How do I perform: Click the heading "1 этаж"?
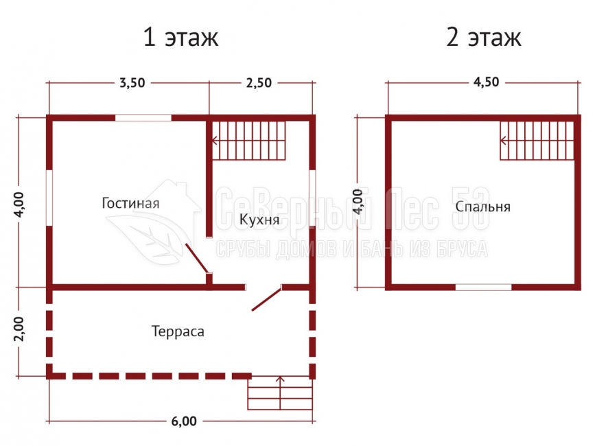[x=180, y=37]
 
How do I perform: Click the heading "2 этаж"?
[x=484, y=37]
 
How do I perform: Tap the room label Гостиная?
[x=130, y=203]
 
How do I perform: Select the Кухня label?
[x=259, y=220]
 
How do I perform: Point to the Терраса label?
[x=178, y=331]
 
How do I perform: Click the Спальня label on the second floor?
[x=482, y=207]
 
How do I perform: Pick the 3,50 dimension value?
[x=132, y=82]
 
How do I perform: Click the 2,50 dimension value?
[x=259, y=82]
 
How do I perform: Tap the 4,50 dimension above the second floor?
[x=486, y=82]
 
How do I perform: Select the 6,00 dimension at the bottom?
[x=184, y=421]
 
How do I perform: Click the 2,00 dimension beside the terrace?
[x=19, y=329]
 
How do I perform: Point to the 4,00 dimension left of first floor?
[x=19, y=204]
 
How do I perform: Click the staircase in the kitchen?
[x=248, y=141]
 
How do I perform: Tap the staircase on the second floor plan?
[x=537, y=141]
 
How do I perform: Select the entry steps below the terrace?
[x=280, y=393]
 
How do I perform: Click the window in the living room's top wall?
[x=143, y=118]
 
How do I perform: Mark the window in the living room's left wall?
[x=49, y=198]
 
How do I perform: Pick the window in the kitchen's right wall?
[x=312, y=198]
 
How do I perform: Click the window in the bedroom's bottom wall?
[x=483, y=287]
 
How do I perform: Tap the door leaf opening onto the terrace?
[x=267, y=299]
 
